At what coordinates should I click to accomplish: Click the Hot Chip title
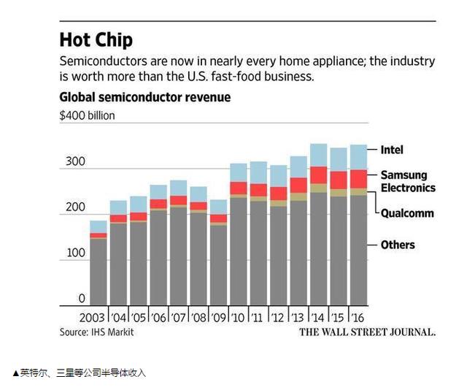[96, 39]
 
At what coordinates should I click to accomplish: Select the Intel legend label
[392, 150]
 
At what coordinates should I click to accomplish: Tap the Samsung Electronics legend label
[407, 181]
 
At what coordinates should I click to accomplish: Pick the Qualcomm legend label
[407, 213]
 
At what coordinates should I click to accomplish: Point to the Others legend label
[398, 245]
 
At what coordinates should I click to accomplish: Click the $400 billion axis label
[87, 115]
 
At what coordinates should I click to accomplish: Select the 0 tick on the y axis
[82, 298]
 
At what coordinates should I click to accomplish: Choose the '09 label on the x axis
[217, 318]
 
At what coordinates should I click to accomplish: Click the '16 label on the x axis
[358, 318]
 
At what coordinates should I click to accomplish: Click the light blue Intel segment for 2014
[317, 155]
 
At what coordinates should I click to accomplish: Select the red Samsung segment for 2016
[358, 179]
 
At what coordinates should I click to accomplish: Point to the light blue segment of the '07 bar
[178, 188]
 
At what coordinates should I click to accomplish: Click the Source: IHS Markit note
[97, 332]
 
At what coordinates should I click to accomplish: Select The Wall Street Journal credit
[367, 332]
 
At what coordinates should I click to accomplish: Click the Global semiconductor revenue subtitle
[144, 96]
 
